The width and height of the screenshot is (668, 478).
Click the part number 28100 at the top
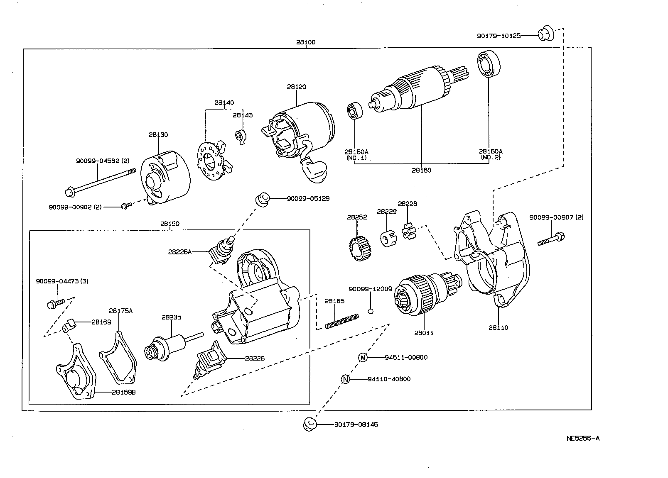[306, 42]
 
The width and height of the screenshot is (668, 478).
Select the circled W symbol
[363, 357]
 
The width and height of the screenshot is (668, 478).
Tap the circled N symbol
[346, 379]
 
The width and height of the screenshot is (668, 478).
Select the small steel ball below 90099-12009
[371, 311]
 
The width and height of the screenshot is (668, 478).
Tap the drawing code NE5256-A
[582, 438]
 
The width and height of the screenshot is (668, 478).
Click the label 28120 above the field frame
[296, 87]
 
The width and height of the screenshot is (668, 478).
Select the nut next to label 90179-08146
[310, 424]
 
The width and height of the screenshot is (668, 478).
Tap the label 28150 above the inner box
[169, 224]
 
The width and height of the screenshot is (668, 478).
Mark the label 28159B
[123, 392]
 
